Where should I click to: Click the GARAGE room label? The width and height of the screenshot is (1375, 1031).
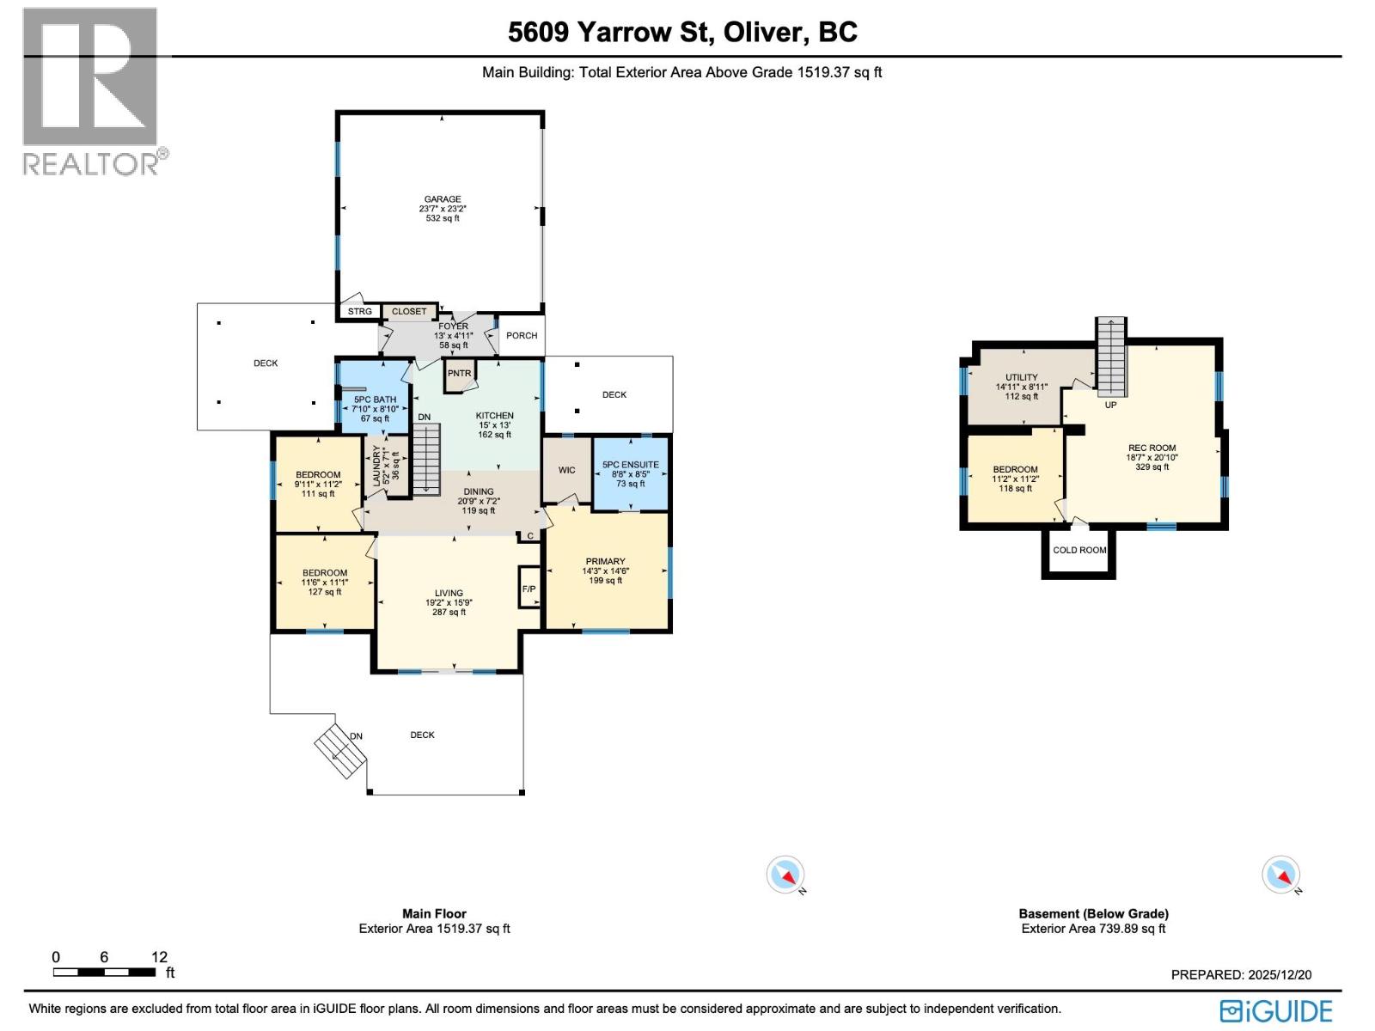pos(443,199)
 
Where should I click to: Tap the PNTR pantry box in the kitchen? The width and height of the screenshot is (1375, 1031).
pos(459,374)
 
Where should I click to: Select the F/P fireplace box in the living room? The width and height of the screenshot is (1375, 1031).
pos(529,589)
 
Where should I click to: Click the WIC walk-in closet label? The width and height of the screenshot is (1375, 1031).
pos(566,470)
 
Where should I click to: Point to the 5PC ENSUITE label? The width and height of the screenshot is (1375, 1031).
pos(631,465)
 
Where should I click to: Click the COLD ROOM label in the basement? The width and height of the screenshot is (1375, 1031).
pos(1079,551)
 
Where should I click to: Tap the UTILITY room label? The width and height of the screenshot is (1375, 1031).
pos(1021,377)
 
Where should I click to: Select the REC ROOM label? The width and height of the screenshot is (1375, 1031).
pos(1152,448)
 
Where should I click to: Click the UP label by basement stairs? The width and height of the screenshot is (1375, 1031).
pos(1110,405)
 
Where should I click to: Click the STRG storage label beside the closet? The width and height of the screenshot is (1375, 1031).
pos(360,312)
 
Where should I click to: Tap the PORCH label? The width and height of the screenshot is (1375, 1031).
pos(522,336)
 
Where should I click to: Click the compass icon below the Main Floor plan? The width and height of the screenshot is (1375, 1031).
pos(785,875)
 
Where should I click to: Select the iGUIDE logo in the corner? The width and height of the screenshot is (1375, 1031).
pos(1277,1010)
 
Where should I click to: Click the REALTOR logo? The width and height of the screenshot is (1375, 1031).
pos(90,90)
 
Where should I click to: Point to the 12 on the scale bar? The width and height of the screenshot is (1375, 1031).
pos(159,957)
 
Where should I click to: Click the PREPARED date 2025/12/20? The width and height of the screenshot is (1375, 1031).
pos(1241,975)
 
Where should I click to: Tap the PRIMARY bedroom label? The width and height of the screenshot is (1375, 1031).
pos(605,561)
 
